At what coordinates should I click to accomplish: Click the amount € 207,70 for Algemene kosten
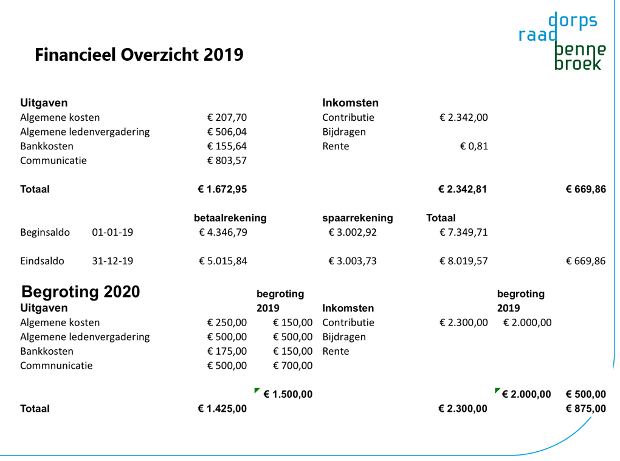(227, 118)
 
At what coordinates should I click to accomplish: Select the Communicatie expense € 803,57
(227, 161)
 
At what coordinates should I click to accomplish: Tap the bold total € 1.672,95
(222, 190)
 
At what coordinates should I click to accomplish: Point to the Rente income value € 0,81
(474, 146)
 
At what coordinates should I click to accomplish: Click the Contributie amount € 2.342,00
(463, 118)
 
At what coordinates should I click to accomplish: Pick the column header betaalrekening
(230, 218)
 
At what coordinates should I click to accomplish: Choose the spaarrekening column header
(357, 218)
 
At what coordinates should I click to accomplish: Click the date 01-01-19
(112, 233)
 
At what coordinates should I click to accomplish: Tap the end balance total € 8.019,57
(463, 262)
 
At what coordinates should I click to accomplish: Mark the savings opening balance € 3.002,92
(353, 233)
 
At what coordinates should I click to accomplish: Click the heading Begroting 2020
(81, 292)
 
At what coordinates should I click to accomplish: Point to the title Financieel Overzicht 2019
(139, 55)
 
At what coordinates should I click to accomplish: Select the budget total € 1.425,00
(222, 409)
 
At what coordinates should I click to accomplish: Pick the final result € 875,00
(585, 409)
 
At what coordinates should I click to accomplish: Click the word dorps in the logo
(573, 21)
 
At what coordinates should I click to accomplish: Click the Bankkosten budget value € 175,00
(227, 352)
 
